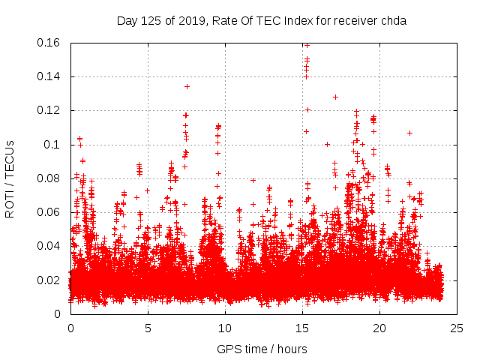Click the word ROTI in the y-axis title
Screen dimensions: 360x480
tap(10, 200)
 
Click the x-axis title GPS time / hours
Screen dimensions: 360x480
tap(262, 349)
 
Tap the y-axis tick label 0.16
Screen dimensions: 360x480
tap(49, 43)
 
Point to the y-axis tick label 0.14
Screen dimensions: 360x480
tap(49, 76)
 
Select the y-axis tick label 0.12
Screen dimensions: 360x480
tap(49, 110)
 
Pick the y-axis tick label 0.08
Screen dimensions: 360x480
tap(49, 178)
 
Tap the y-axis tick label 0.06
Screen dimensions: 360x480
tap(49, 212)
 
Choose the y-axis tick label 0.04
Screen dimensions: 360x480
tap(49, 246)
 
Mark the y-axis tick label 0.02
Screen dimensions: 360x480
tap(49, 280)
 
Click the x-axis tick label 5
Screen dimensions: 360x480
tap(148, 328)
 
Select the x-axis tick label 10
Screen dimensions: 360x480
tap(225, 328)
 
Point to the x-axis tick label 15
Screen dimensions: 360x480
tap(302, 328)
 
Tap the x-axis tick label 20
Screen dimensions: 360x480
tap(379, 328)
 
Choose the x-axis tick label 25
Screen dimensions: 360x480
tap(457, 328)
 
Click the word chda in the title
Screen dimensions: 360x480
tap(393, 21)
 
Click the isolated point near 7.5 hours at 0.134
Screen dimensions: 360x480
tap(187, 86)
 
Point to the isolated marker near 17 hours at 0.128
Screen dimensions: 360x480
tap(335, 97)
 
